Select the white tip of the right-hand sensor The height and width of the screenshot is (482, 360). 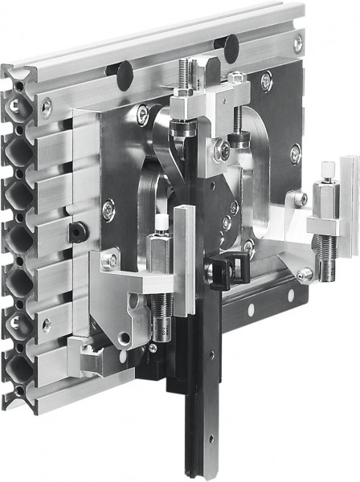329,170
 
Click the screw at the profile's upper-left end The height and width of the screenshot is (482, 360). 47,104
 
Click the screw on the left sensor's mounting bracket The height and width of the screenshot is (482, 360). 113,260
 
